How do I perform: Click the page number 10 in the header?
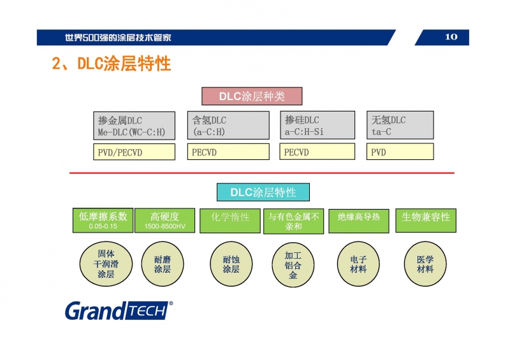pyautogui.click(x=451, y=37)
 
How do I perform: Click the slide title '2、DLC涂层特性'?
pyautogui.click(x=111, y=64)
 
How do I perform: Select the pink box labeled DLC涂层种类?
pyautogui.click(x=252, y=96)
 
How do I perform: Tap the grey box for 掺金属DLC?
pyautogui.click(x=134, y=126)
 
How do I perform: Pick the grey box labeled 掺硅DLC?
pyautogui.click(x=317, y=126)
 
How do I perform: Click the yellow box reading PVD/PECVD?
pyautogui.click(x=134, y=152)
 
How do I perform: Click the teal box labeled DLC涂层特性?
pyautogui.click(x=263, y=192)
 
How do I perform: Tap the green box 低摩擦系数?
pyautogui.click(x=103, y=220)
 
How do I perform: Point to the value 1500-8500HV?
pyautogui.click(x=164, y=227)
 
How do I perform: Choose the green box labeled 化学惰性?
pyautogui.click(x=230, y=217)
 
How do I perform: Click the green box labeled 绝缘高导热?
pyautogui.click(x=358, y=217)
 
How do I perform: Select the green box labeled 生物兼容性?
pyautogui.click(x=426, y=217)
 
